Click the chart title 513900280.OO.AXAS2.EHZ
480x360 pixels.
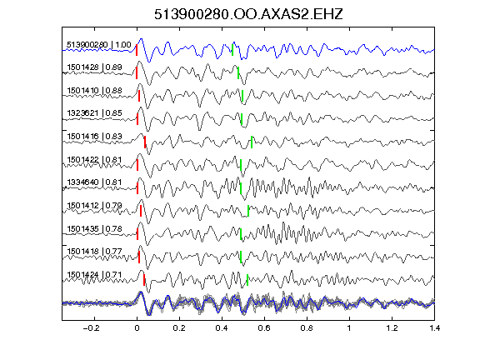pos(248,14)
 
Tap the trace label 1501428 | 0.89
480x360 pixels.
pos(94,67)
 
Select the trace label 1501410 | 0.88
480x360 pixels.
pos(94,91)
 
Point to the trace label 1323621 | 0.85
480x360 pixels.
pos(94,113)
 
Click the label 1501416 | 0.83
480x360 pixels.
pos(94,136)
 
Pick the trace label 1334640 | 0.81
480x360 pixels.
pos(94,182)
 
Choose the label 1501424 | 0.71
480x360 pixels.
pos(94,275)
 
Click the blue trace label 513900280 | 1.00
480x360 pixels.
pos(99,45)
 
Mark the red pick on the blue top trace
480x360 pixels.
pos(137,50)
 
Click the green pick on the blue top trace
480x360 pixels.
pos(232,50)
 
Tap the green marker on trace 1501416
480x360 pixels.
pos(252,142)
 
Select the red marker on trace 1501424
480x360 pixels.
pos(144,280)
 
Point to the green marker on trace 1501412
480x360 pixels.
pos(248,211)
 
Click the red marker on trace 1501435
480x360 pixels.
pos(137,234)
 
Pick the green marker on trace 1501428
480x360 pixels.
pos(238,72)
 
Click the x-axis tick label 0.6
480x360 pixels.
pos(264,328)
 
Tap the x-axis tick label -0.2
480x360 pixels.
pos(92,328)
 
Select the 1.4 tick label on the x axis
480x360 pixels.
pos(435,328)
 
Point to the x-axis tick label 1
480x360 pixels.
pos(349,328)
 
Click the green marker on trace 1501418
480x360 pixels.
pos(241,257)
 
